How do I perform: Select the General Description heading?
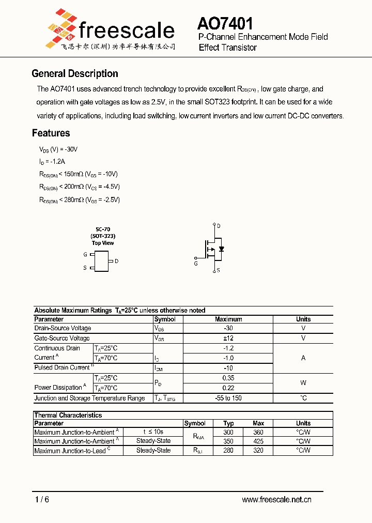[75, 73]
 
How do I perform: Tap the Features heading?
[51, 133]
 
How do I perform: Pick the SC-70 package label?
[102, 229]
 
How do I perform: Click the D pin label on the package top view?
[117, 261]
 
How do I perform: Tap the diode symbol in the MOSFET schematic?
[222, 249]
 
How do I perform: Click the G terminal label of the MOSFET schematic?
[196, 264]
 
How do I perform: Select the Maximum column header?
[228, 319]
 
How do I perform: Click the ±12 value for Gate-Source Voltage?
[228, 338]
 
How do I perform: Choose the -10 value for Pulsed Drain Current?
[228, 367]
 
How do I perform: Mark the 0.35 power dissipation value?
[228, 378]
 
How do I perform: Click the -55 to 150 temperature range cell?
[228, 398]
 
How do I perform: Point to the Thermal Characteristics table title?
[68, 415]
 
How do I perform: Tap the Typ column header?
[228, 423]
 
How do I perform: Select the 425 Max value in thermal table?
[258, 441]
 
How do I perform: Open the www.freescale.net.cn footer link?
[276, 499]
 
